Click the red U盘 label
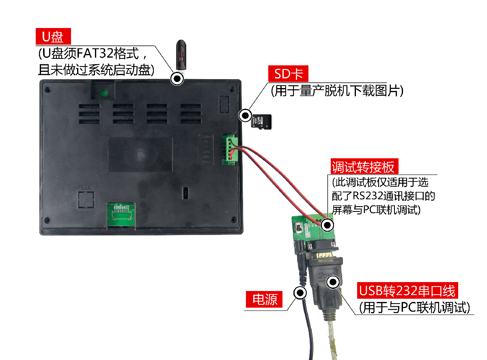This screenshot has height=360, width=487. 53,36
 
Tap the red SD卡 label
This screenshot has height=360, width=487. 288,73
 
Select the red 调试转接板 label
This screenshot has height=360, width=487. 364,166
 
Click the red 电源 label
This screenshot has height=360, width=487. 264,299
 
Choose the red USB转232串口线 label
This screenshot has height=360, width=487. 407,290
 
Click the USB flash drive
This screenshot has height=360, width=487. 181,56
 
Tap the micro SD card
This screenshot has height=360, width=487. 261,121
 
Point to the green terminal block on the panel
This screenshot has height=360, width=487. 230,149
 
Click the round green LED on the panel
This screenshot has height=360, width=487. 103,93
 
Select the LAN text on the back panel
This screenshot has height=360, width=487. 86,188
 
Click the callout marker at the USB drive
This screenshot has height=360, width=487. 177,78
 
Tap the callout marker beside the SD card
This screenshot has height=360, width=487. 245,115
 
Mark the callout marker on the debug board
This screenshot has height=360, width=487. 327,225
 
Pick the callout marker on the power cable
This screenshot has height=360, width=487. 300,293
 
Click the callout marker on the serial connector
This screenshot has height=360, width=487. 333,282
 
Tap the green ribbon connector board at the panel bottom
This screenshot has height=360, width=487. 121,215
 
